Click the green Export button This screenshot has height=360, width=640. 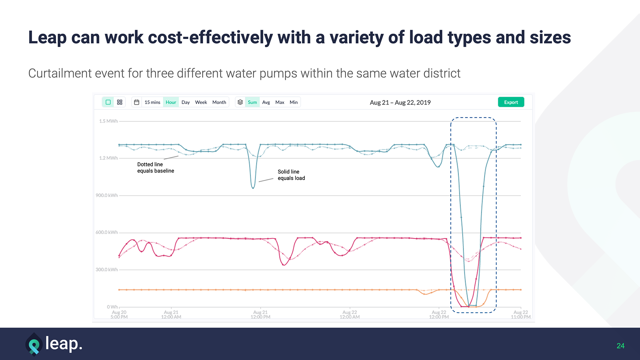click(x=511, y=102)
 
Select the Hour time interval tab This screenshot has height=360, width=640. click(x=171, y=102)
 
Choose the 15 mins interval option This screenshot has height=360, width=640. click(x=152, y=102)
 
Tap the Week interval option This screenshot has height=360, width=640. click(x=201, y=102)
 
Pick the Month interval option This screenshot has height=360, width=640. click(x=219, y=102)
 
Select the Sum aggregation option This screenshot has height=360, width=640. click(x=252, y=102)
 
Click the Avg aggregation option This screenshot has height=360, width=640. click(x=266, y=102)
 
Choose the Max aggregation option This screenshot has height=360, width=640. click(x=280, y=102)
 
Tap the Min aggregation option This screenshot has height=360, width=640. click(x=294, y=102)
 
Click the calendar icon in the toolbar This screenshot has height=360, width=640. click(x=137, y=102)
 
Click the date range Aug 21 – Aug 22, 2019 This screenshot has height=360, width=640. click(x=400, y=103)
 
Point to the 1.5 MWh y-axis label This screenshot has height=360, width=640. click(x=108, y=121)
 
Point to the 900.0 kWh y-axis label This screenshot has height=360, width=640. click(x=107, y=195)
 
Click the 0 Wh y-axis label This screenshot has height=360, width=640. click(x=112, y=307)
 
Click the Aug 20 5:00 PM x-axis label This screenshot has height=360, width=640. click(x=119, y=315)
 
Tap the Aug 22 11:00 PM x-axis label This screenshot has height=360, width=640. click(x=521, y=315)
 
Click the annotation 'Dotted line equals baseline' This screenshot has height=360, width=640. click(x=155, y=168)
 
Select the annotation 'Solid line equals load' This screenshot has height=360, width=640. click(x=291, y=175)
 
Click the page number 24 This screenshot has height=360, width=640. click(x=620, y=346)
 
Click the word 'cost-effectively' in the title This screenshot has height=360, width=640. click(x=210, y=37)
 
